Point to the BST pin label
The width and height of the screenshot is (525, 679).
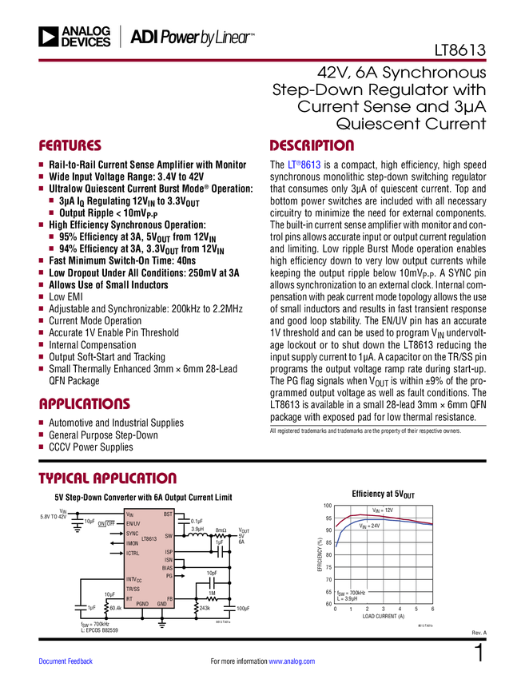click(168, 514)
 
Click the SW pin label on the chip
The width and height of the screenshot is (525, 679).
click(169, 536)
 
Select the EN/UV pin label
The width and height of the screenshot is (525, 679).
click(133, 523)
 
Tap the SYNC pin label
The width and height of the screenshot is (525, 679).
click(132, 534)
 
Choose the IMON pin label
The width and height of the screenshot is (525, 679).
click(133, 543)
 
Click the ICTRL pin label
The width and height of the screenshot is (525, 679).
click(133, 554)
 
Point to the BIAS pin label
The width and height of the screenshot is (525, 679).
click(167, 568)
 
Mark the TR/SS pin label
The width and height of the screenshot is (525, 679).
click(133, 589)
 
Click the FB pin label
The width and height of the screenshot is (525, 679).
click(169, 598)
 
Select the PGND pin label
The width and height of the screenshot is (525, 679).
click(142, 604)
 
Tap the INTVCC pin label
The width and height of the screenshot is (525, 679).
click(133, 579)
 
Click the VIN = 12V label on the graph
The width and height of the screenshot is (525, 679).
click(384, 510)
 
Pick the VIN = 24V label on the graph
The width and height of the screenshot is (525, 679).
click(368, 526)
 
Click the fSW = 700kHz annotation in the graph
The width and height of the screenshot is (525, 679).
click(351, 593)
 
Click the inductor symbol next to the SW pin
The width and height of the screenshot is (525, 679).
click(197, 537)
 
